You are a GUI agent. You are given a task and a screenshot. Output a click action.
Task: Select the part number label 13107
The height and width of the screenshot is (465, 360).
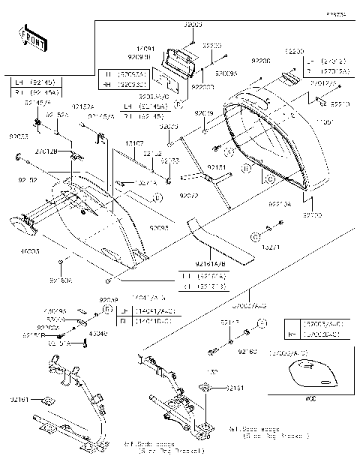(134, 142)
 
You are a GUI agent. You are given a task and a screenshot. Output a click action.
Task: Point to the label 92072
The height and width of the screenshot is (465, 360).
(188, 195)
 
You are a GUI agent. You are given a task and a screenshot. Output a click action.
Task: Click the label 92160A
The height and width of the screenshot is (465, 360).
(61, 280)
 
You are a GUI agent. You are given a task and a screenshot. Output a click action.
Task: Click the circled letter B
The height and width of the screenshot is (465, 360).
(247, 169)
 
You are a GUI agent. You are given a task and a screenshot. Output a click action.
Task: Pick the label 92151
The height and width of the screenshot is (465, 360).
(216, 168)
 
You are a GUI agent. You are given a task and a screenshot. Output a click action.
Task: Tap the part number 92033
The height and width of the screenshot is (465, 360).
(18, 137)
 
